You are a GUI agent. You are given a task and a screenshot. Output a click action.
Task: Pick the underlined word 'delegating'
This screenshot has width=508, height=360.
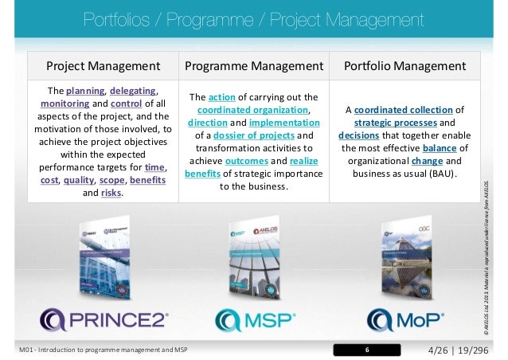pos(134,90)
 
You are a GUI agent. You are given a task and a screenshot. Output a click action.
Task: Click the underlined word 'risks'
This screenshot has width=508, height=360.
pos(111,192)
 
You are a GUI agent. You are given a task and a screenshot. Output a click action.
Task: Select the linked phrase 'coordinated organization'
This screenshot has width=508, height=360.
pos(252,110)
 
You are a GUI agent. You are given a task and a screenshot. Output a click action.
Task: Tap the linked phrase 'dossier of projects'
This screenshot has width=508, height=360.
pos(256,135)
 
